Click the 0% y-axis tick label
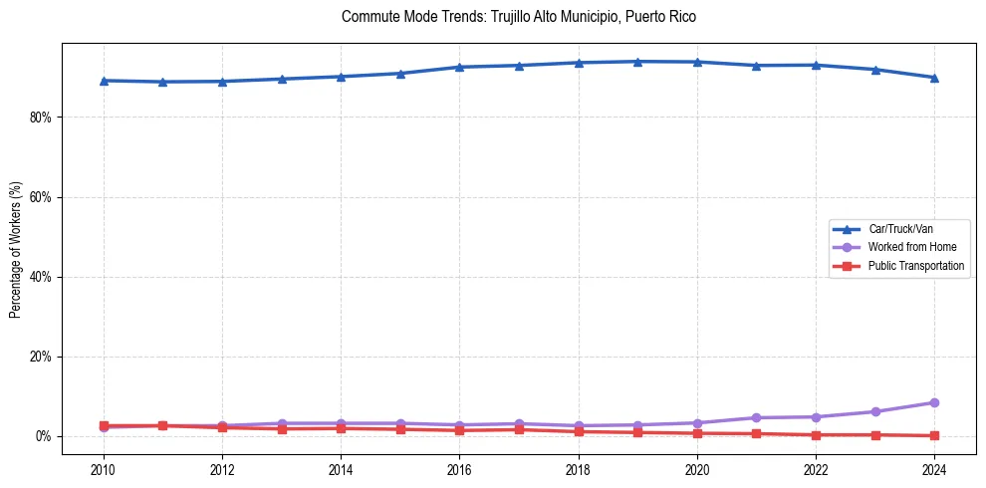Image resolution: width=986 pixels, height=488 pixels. point(44,436)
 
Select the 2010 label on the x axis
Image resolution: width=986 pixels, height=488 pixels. point(104,468)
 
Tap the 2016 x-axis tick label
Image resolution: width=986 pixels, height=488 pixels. point(459,468)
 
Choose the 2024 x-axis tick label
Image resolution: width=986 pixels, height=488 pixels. point(934,468)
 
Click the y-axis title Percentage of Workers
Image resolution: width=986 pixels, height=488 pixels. point(16,249)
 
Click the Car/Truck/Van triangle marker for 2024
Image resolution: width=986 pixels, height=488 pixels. point(934,78)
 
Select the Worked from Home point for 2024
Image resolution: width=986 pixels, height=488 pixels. point(934,402)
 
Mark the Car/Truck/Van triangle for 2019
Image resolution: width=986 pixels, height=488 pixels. point(637,62)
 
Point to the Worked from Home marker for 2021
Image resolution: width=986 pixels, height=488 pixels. point(756,417)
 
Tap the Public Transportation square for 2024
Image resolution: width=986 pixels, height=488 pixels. point(934,435)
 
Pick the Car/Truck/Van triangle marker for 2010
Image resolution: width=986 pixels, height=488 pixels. point(104,81)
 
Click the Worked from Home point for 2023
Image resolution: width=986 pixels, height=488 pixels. point(875,411)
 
